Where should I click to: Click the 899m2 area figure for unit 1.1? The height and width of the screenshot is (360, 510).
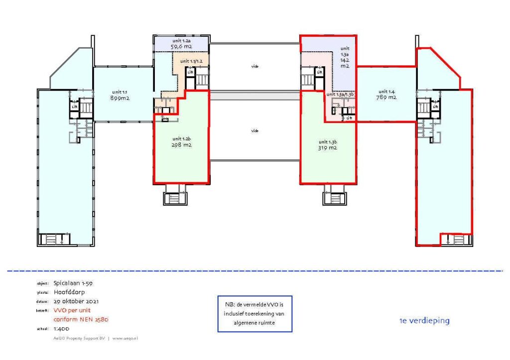pyautogui.click(x=120, y=98)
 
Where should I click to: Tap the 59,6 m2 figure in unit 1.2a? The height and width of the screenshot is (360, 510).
pyautogui.click(x=181, y=47)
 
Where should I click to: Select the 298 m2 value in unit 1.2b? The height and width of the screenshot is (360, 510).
pyautogui.click(x=182, y=145)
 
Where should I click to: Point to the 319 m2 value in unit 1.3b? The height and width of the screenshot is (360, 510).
pyautogui.click(x=328, y=148)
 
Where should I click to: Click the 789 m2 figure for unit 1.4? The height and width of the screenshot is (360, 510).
pyautogui.click(x=386, y=98)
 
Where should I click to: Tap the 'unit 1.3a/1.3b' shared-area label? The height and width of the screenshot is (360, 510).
pyautogui.click(x=340, y=94)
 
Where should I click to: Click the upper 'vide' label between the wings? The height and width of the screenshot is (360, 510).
pyautogui.click(x=255, y=66)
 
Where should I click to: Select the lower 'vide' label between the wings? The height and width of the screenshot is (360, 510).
pyautogui.click(x=255, y=130)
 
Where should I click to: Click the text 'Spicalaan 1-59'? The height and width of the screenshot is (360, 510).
pyautogui.click(x=73, y=283)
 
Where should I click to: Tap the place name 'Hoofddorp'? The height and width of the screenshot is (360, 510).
pyautogui.click(x=70, y=292)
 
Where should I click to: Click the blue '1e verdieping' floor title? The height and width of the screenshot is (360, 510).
pyautogui.click(x=424, y=321)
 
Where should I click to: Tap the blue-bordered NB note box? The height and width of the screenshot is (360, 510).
pyautogui.click(x=255, y=314)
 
